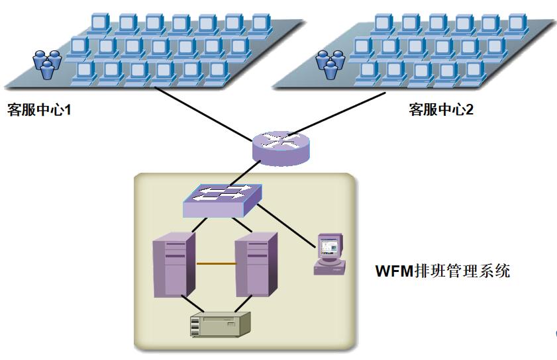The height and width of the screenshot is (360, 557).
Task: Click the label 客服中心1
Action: pyautogui.click(x=38, y=109)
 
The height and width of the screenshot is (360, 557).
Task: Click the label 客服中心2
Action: pyautogui.click(x=441, y=109)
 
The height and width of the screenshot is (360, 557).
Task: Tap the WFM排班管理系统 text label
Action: pyautogui.click(x=443, y=271)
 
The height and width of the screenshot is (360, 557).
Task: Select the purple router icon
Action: pyautogui.click(x=281, y=146)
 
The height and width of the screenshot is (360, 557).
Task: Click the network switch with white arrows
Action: pyautogui.click(x=223, y=198)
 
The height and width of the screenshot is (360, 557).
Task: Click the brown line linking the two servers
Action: pyautogui.click(x=216, y=264)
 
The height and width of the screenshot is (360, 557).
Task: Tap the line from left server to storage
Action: pyautogui.click(x=188, y=305)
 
